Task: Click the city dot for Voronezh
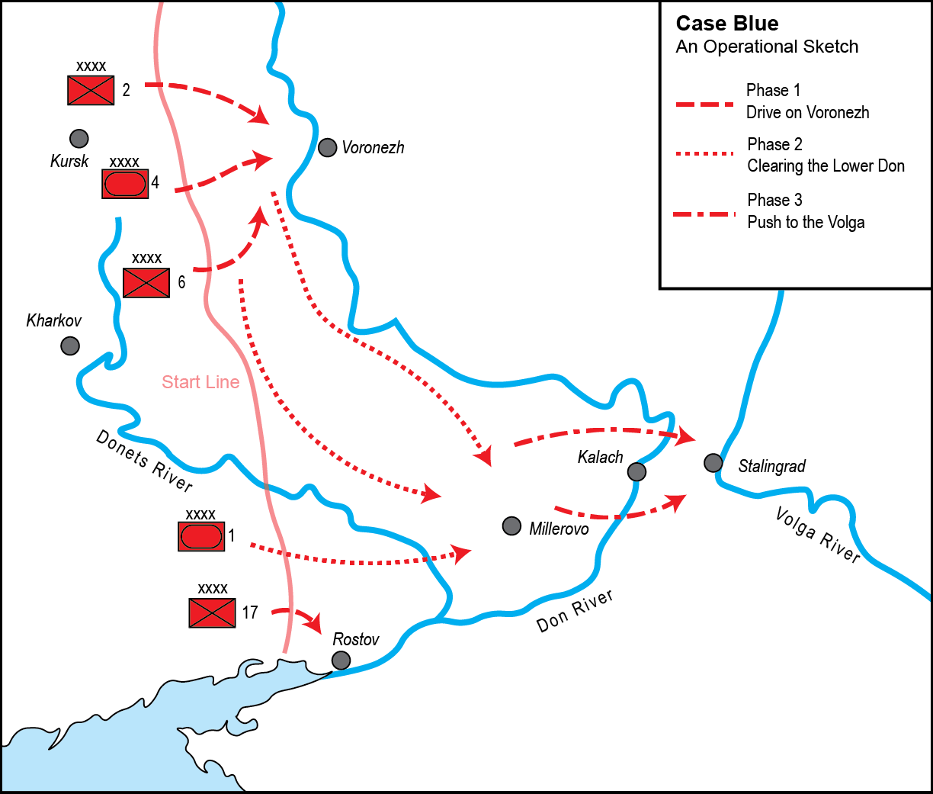(x=327, y=147)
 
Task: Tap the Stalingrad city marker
(x=713, y=462)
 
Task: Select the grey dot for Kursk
(x=79, y=138)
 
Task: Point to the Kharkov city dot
(x=70, y=346)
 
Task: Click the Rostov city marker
(x=341, y=660)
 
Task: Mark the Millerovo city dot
(x=512, y=526)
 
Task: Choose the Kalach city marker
(x=636, y=472)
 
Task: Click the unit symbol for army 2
(x=91, y=90)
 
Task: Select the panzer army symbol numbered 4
(x=125, y=184)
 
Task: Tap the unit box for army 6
(x=146, y=283)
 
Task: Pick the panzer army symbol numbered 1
(x=201, y=536)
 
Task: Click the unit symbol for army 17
(x=213, y=612)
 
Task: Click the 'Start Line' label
(x=200, y=382)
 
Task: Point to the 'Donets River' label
(x=144, y=460)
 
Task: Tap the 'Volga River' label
(x=818, y=535)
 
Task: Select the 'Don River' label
(x=575, y=611)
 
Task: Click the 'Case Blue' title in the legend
(x=726, y=24)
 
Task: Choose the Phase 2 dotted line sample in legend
(x=704, y=154)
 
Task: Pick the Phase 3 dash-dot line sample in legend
(x=704, y=214)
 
